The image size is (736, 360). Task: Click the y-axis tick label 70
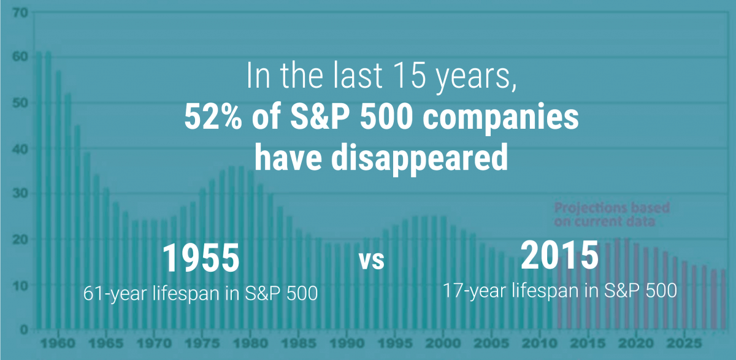tap(20, 13)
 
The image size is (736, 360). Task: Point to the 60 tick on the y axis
tap(20, 56)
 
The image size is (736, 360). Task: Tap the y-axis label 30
tap(20, 193)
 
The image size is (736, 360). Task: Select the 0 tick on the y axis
tap(24, 329)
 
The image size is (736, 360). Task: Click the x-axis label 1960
tap(58, 343)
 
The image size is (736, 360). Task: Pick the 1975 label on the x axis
tap(202, 343)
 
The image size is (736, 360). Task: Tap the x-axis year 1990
tap(347, 343)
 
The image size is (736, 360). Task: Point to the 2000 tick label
tap(443, 343)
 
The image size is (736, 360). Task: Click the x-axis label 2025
tap(684, 343)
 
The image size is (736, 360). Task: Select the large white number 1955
tap(201, 258)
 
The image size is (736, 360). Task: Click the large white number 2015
tap(559, 255)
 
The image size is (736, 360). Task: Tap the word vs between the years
tap(372, 261)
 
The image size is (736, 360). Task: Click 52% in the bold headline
tap(213, 117)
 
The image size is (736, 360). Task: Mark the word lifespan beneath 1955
tap(186, 294)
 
